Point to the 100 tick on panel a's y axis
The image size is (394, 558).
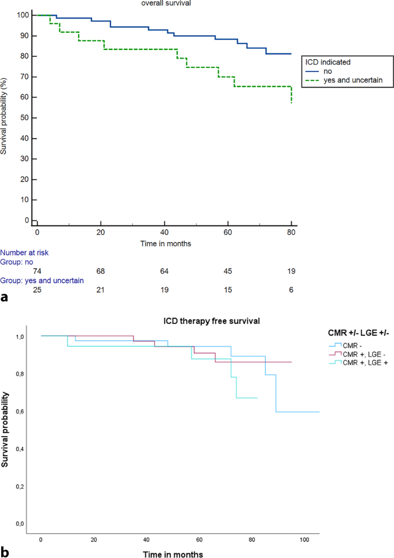pyautogui.click(x=22, y=15)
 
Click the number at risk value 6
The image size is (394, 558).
pyautogui.click(x=292, y=289)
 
